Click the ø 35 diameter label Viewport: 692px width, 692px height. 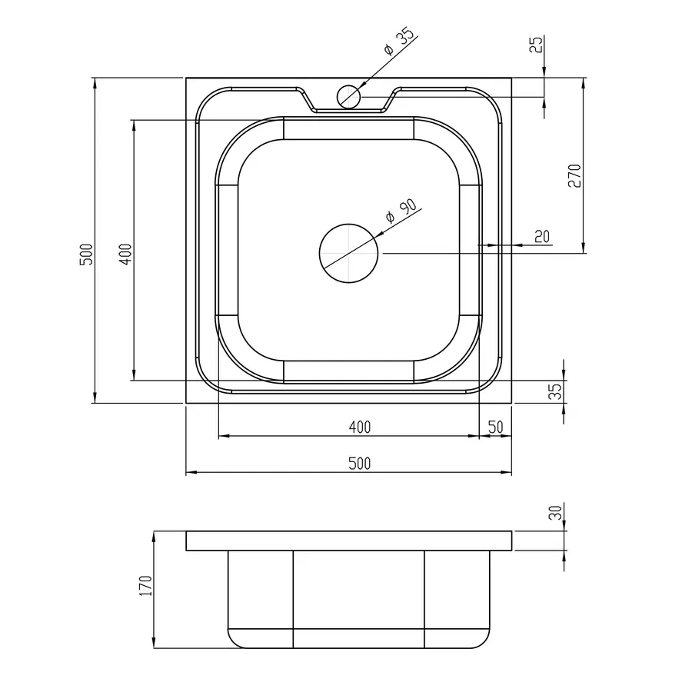(x=400, y=42)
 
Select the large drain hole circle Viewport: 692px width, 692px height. (x=348, y=253)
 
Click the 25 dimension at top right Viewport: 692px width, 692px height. (x=536, y=44)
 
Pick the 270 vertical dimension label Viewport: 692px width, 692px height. (x=574, y=175)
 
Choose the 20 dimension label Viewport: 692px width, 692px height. (x=542, y=237)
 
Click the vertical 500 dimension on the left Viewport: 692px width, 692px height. (x=86, y=255)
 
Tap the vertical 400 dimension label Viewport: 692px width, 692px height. (x=126, y=255)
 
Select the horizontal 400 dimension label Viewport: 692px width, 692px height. (x=360, y=428)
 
